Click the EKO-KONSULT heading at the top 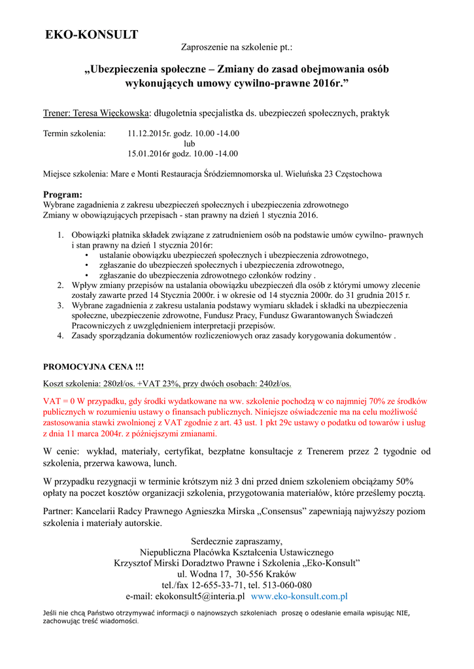[x=92, y=35]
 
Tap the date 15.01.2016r [x=148, y=154]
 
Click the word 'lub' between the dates [x=189, y=144]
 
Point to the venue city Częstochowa [x=358, y=174]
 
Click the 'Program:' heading [x=63, y=195]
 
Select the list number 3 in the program [x=59, y=305]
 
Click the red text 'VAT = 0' [x=61, y=400]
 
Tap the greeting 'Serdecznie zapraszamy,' [x=237, y=542]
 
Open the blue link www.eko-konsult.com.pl [x=299, y=596]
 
